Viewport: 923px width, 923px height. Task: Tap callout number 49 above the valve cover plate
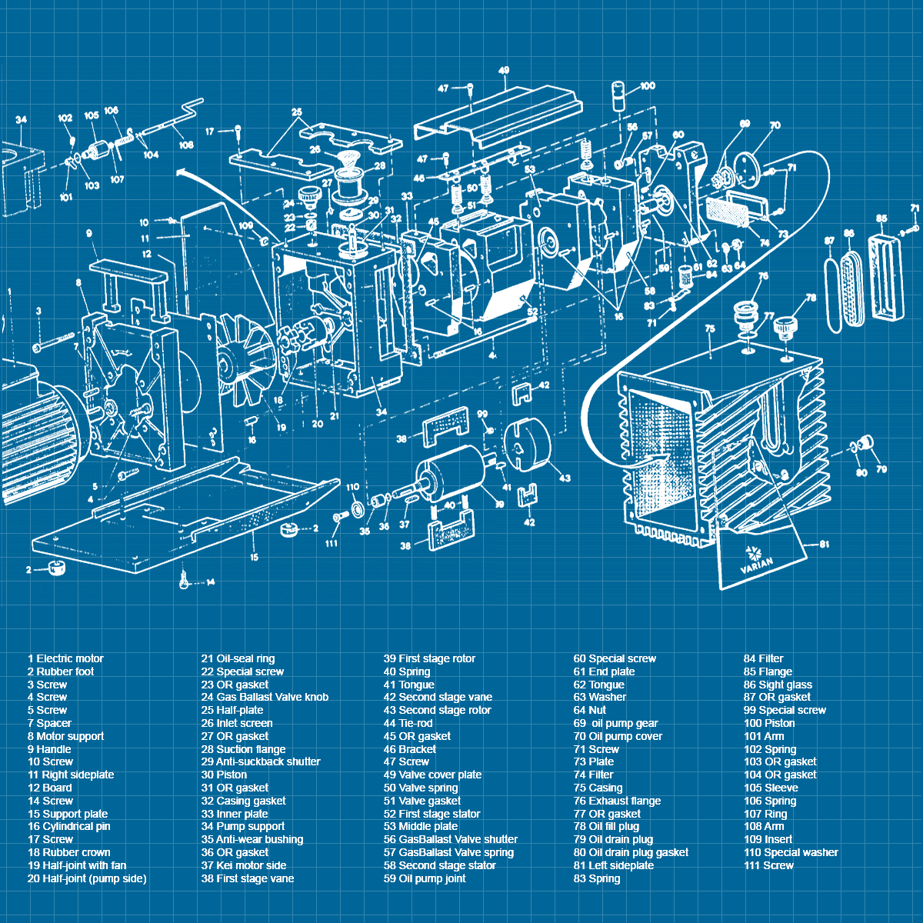[x=504, y=71]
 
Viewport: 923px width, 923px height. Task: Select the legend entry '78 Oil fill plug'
[x=606, y=826]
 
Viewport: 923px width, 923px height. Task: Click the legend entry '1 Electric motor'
[x=65, y=658]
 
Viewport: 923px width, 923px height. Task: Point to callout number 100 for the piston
[x=647, y=86]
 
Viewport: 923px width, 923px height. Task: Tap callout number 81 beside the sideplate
[x=824, y=545]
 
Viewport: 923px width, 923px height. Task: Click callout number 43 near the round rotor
[x=565, y=478]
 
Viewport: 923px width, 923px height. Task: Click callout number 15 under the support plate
[x=253, y=557]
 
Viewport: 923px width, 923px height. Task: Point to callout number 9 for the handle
[x=90, y=233]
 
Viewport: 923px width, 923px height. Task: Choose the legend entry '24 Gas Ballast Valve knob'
[x=265, y=697]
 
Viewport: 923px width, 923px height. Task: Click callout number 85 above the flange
[x=881, y=218]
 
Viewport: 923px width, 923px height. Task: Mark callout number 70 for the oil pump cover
[x=775, y=125]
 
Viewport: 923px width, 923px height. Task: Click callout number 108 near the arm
[x=186, y=145]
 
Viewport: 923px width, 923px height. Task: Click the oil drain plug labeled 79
[x=868, y=444]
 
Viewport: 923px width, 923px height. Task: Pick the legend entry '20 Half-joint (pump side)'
[x=86, y=878]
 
